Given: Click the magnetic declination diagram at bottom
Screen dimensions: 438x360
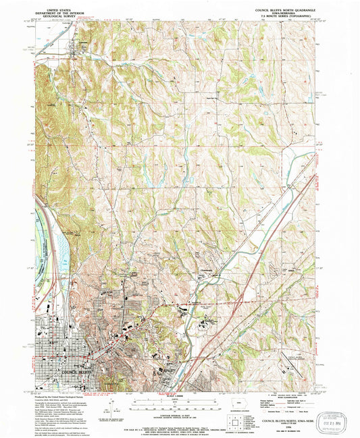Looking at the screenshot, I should click(108, 409).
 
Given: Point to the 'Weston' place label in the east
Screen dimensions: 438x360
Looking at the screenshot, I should click(292, 269).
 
